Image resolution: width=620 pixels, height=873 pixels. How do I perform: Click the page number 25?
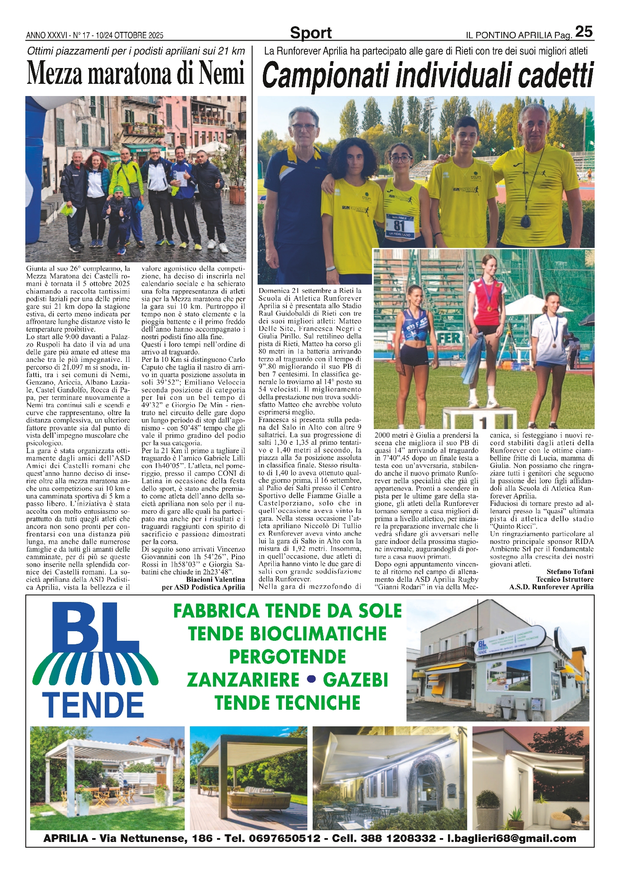point(584,31)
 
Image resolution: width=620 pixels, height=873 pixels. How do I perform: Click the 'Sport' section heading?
point(310,33)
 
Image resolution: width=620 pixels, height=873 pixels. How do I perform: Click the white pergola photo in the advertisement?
point(107,778)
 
